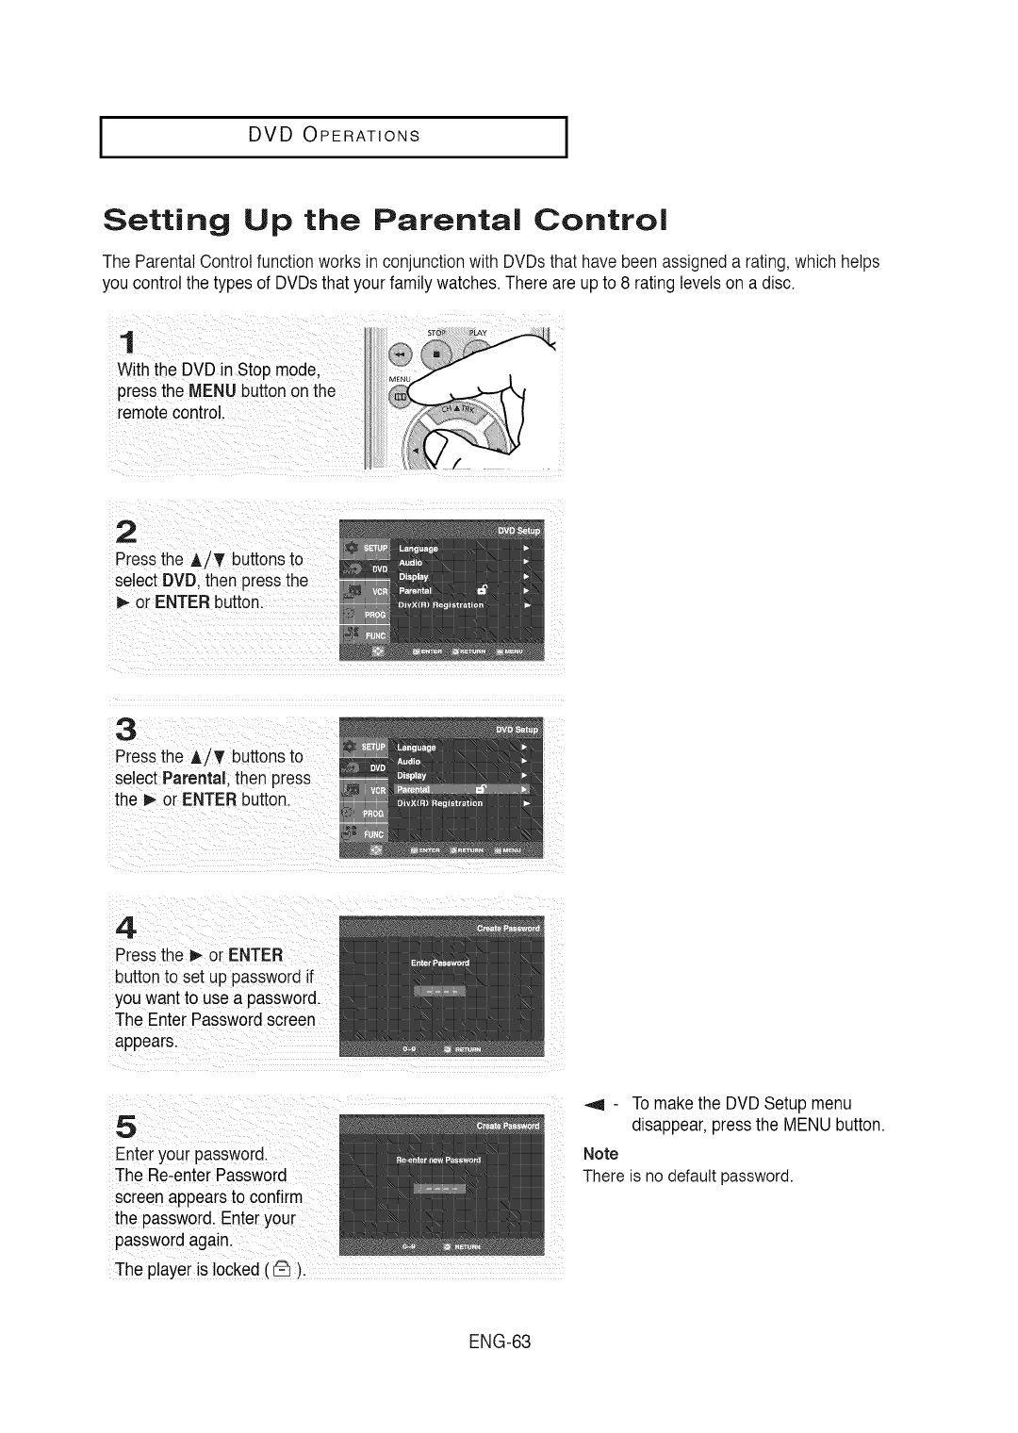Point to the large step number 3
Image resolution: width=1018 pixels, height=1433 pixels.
point(128,730)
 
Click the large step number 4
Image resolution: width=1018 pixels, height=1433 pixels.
point(130,927)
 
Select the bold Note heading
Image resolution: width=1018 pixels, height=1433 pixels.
point(600,1154)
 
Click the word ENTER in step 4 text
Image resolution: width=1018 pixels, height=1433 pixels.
point(249,955)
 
